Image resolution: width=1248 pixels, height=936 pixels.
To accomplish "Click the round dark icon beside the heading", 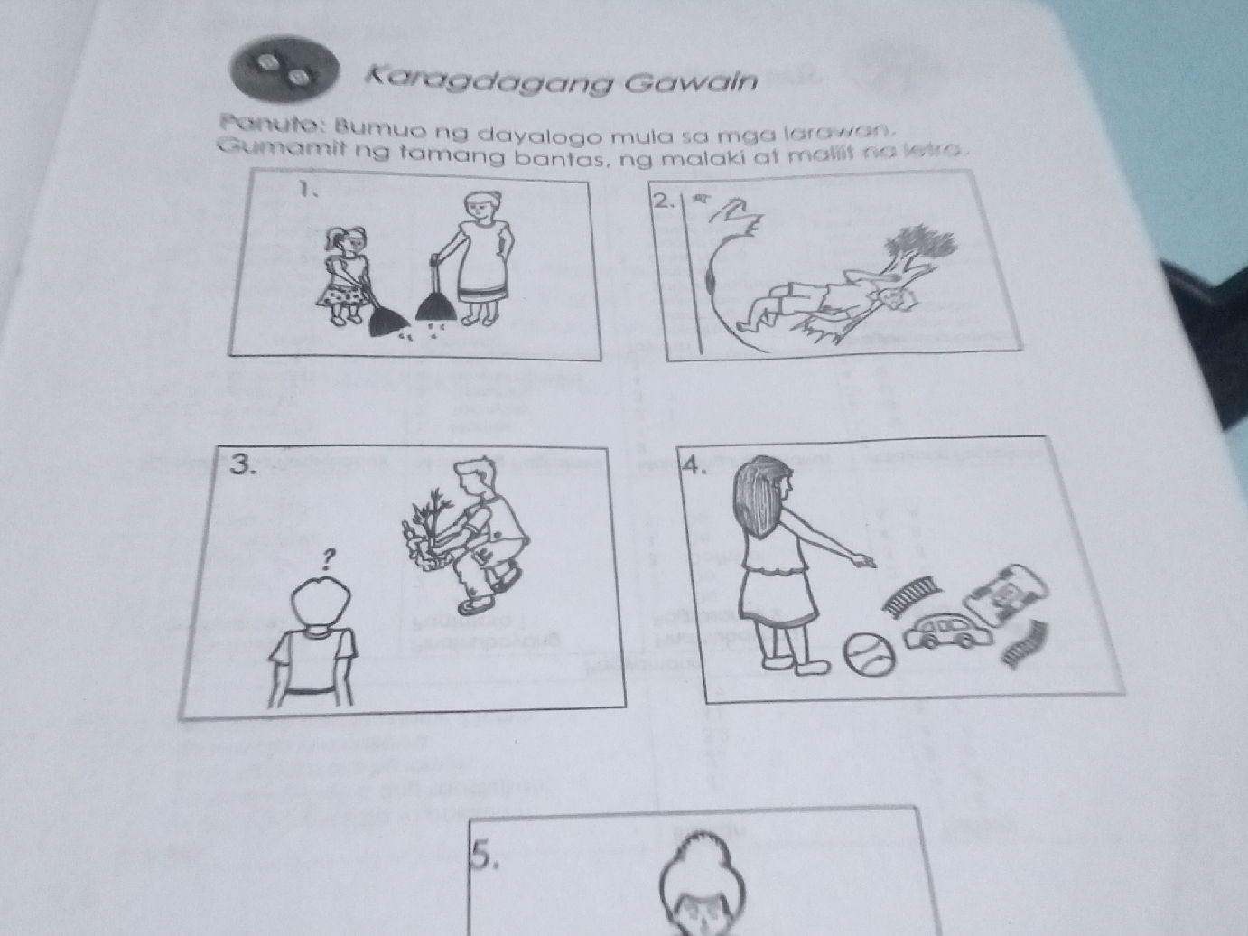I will pos(285,70).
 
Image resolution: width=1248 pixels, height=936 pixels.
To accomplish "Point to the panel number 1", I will pos(309,191).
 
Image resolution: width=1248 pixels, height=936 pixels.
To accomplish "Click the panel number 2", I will pos(664,202).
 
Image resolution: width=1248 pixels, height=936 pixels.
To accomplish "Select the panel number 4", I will pos(691,466).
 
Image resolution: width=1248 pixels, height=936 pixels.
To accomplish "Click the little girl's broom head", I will pos(389,318).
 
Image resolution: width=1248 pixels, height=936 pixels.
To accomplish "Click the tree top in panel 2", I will pos(921,245).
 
